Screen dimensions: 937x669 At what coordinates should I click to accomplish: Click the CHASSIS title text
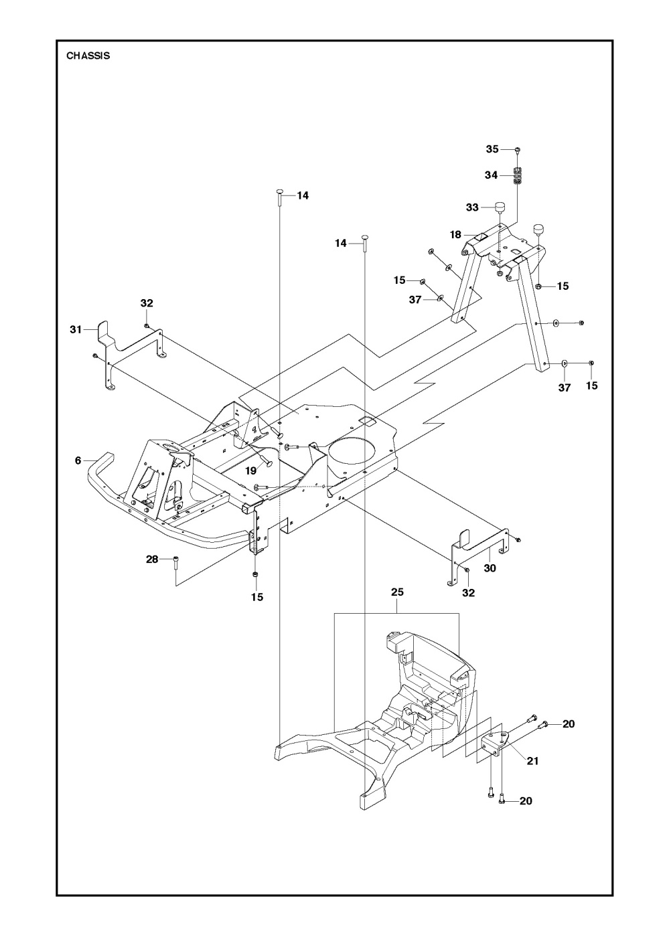[88, 56]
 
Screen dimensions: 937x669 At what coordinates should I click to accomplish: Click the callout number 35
[492, 149]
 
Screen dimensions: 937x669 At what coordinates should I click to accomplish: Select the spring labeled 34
[517, 176]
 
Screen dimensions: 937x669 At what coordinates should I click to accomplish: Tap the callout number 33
[472, 207]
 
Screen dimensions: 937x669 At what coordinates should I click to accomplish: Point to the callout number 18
[455, 235]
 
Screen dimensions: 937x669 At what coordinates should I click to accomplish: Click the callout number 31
[76, 329]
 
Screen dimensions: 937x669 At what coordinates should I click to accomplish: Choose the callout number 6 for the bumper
[78, 460]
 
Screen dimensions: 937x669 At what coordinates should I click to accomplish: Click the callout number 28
[153, 559]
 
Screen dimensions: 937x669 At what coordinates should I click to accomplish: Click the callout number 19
[250, 471]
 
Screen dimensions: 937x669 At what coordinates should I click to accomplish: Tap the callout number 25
[397, 592]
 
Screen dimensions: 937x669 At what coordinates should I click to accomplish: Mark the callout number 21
[533, 760]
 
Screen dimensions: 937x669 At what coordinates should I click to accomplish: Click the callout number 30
[490, 568]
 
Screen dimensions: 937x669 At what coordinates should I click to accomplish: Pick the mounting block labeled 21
[494, 744]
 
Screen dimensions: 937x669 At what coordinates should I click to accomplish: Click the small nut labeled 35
[517, 150]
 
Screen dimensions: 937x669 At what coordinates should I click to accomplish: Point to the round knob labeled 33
[499, 207]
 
